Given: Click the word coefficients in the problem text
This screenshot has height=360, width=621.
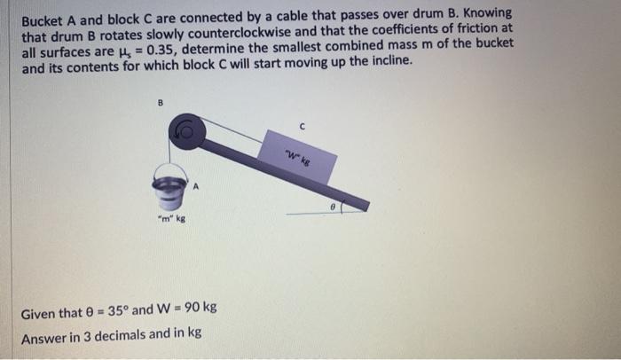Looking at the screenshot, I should click(x=400, y=28).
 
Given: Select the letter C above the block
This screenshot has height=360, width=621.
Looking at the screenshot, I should click(x=303, y=127).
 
